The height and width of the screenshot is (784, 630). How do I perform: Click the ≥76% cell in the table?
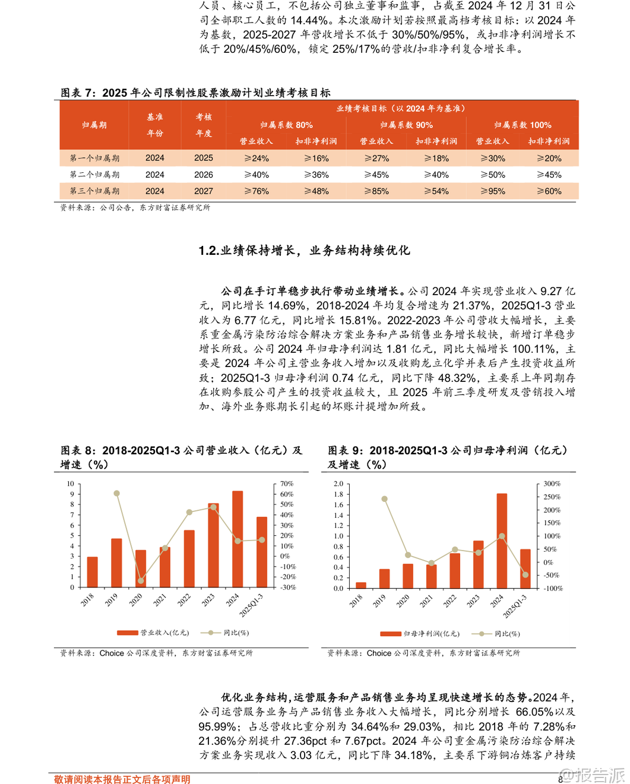(x=257, y=191)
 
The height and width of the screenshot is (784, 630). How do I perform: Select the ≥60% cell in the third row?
(x=549, y=191)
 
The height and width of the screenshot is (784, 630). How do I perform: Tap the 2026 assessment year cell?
(x=203, y=175)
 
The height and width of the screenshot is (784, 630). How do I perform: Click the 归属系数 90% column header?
(x=406, y=125)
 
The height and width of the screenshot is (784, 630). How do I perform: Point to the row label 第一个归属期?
(x=94, y=158)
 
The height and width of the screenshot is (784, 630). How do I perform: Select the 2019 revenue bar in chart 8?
(x=116, y=562)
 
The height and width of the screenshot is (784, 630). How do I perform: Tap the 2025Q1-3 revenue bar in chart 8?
(x=262, y=552)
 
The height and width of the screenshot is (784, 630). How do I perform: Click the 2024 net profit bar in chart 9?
(x=502, y=540)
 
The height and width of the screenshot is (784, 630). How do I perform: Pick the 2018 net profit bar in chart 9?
(x=361, y=585)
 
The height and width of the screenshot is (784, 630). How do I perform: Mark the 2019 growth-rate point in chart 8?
(x=116, y=494)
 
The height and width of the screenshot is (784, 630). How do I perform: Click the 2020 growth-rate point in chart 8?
(x=141, y=581)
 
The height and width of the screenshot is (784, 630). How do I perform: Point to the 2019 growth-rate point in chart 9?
(x=385, y=499)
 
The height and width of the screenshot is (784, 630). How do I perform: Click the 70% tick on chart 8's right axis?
(x=287, y=483)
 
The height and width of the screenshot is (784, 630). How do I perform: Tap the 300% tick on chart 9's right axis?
(x=552, y=483)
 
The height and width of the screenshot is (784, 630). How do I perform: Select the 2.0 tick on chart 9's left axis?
(x=338, y=483)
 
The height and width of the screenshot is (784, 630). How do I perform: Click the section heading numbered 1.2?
(x=304, y=251)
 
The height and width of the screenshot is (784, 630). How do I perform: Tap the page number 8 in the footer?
(x=560, y=779)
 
